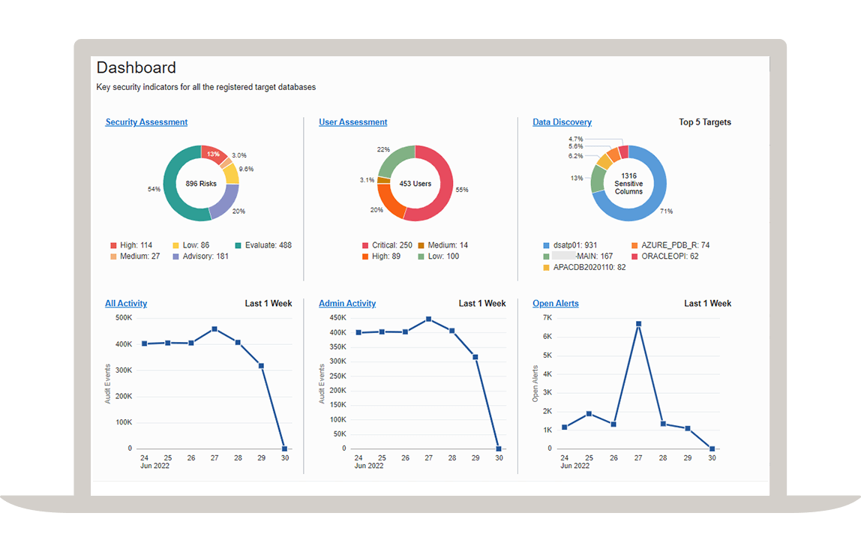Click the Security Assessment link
(146, 122)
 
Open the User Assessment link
(352, 122)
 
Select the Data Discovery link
(562, 122)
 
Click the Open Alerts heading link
(555, 304)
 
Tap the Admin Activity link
(346, 304)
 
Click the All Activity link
(126, 304)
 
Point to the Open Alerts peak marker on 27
(638, 324)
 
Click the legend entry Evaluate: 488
(262, 245)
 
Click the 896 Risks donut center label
(201, 184)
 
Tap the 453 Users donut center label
(415, 184)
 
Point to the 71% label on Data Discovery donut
(666, 211)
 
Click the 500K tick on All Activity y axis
(124, 318)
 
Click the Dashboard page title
(136, 67)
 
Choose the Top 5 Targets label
(704, 122)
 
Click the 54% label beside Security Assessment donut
(154, 189)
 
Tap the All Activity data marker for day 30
(284, 448)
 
